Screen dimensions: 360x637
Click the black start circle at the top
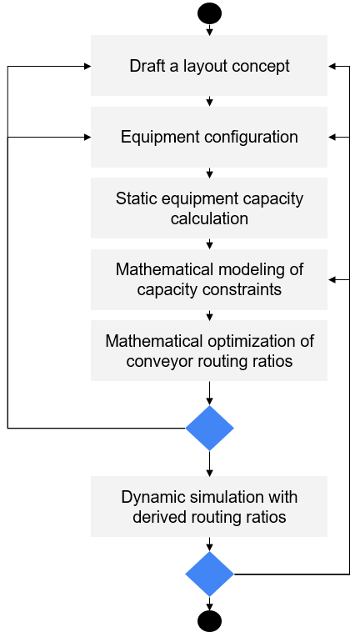(x=209, y=13)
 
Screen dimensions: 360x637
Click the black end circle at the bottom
(x=209, y=621)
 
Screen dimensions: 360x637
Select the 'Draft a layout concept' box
(x=209, y=65)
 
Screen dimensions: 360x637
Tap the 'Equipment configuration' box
(x=209, y=137)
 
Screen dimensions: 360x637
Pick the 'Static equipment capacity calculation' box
(x=209, y=208)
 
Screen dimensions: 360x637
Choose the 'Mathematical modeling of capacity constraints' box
(x=209, y=279)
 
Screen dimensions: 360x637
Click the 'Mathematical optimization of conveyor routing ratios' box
(x=209, y=350)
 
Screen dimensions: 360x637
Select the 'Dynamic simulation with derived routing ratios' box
(x=209, y=507)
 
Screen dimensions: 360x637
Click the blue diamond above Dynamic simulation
(x=209, y=428)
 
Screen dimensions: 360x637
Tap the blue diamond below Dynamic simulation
(x=209, y=574)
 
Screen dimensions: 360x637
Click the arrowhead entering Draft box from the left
(x=87, y=66)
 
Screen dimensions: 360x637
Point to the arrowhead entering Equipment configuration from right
(x=331, y=138)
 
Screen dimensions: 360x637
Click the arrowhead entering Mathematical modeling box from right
(x=331, y=279)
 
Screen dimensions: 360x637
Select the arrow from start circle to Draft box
(x=209, y=30)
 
